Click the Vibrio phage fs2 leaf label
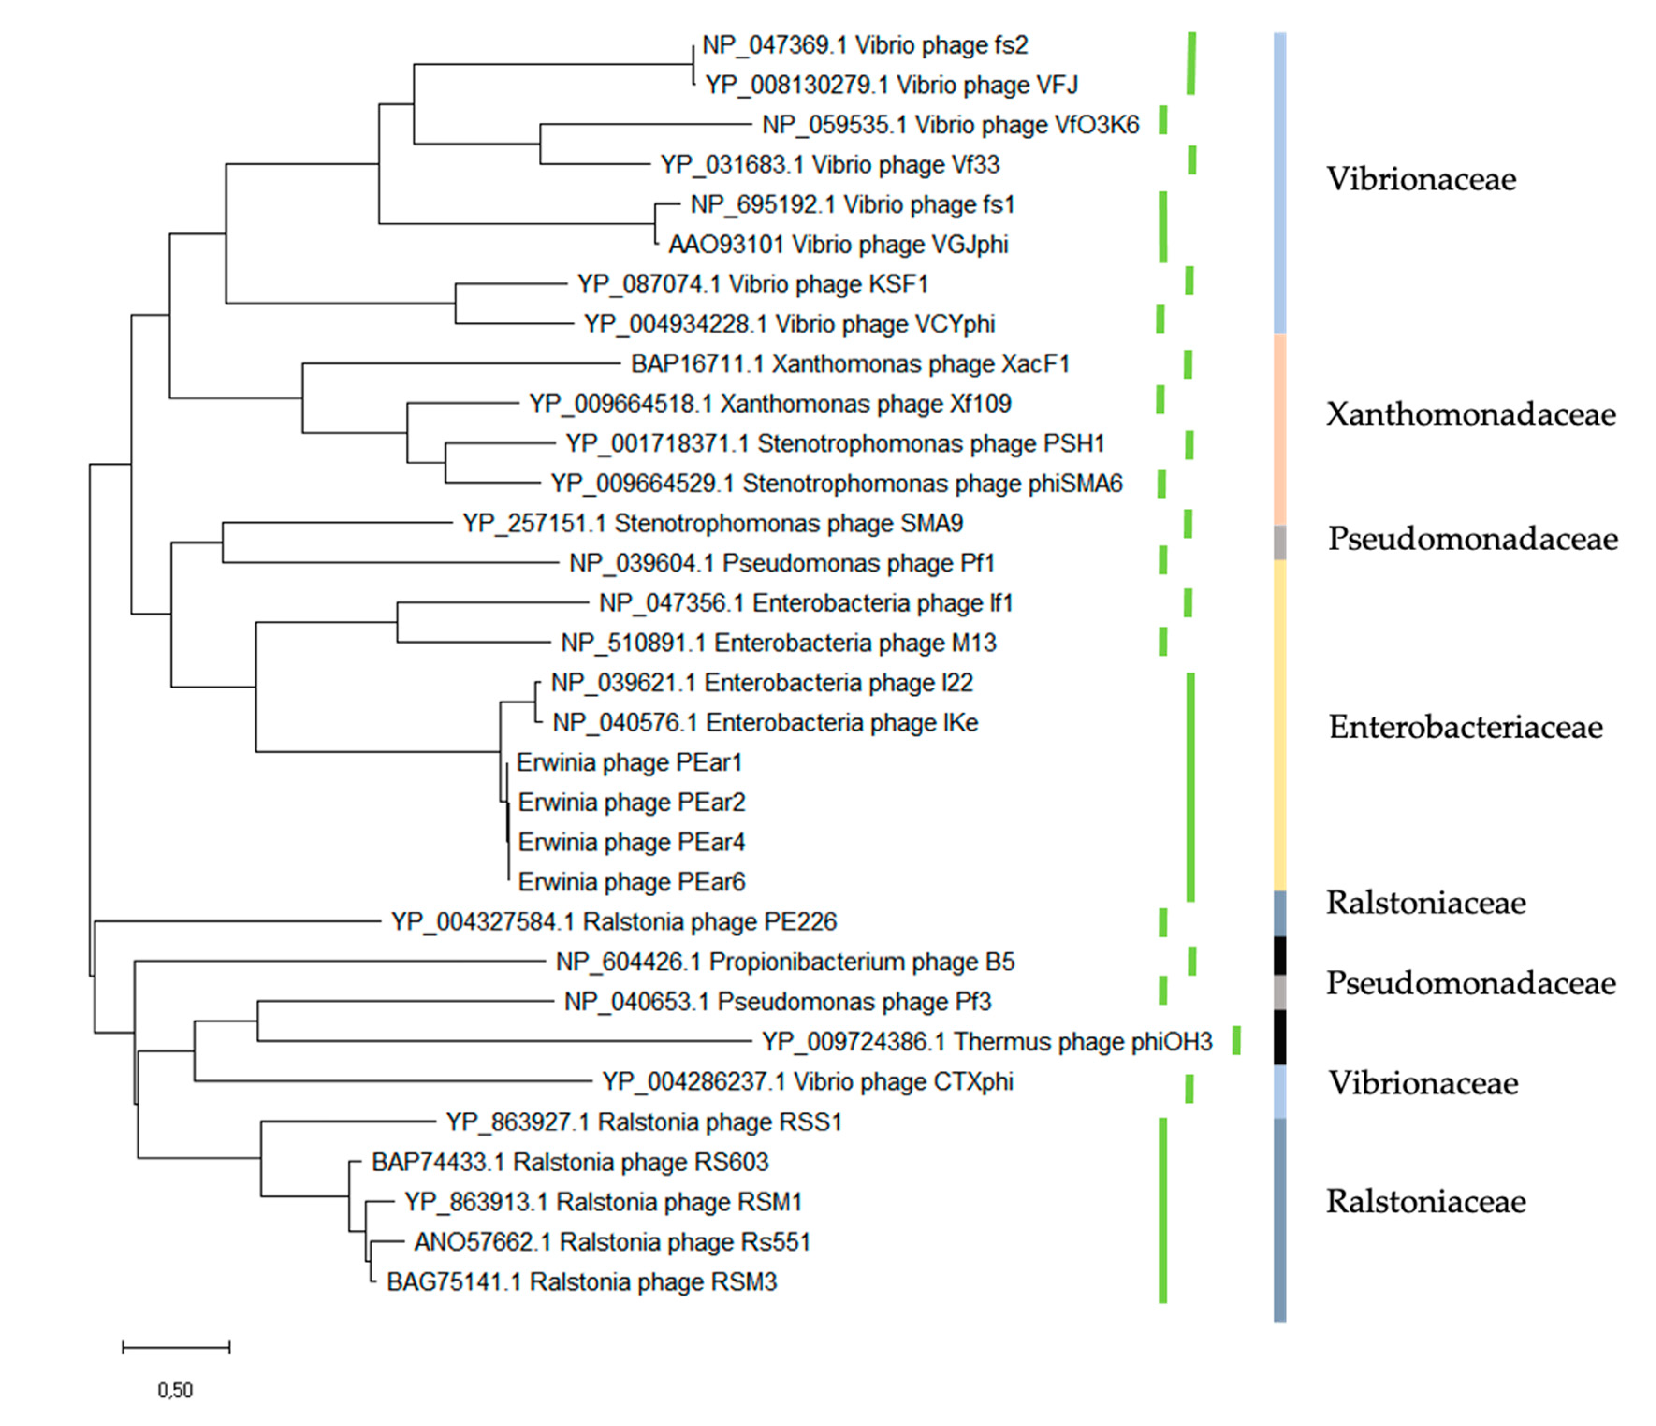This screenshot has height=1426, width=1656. click(x=865, y=45)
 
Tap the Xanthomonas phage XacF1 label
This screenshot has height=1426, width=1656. click(x=850, y=364)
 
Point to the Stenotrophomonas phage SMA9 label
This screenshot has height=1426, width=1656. click(x=713, y=523)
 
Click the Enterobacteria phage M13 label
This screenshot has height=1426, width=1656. click(x=779, y=643)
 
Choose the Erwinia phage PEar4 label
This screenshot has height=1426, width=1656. click(x=631, y=842)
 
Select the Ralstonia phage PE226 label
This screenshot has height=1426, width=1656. click(x=614, y=922)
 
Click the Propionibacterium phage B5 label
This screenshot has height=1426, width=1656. click(x=785, y=962)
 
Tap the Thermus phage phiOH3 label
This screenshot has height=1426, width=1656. click(x=987, y=1042)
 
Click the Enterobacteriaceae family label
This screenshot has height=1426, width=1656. click(x=1465, y=727)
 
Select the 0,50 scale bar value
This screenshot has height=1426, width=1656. click(x=175, y=1390)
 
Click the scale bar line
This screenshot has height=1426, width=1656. click(x=176, y=1348)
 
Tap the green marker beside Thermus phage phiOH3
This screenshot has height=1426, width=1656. click(x=1236, y=1041)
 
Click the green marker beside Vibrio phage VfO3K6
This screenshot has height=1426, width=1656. click(x=1163, y=120)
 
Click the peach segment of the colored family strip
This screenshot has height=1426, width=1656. click(x=1280, y=429)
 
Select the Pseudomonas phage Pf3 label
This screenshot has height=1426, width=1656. click(x=778, y=1002)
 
